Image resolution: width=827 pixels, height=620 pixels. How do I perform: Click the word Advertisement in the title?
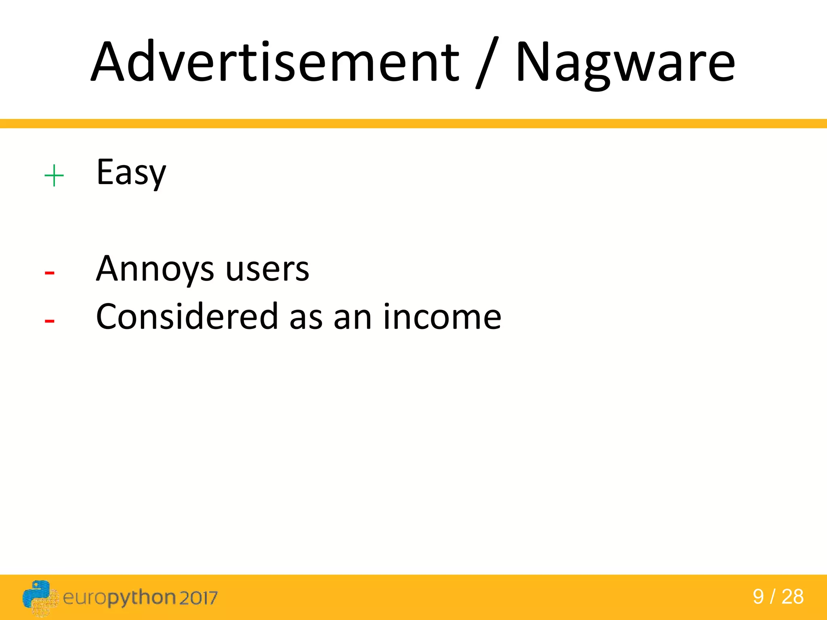click(275, 63)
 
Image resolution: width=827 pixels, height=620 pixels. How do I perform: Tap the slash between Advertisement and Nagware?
click(487, 63)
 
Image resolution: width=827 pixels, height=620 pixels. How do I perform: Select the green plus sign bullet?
click(54, 176)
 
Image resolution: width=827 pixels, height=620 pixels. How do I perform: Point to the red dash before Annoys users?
click(49, 273)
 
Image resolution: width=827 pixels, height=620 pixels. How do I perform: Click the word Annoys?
click(155, 270)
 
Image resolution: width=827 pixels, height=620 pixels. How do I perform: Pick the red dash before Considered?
click(49, 321)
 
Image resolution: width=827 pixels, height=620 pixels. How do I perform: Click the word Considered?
click(187, 317)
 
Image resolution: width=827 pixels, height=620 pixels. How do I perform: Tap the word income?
click(442, 317)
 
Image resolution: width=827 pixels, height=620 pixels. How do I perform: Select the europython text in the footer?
click(120, 598)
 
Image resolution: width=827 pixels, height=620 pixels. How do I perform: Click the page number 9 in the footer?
click(758, 597)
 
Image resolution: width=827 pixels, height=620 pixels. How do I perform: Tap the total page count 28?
click(793, 597)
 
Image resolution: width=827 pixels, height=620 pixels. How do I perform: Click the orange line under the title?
click(413, 124)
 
